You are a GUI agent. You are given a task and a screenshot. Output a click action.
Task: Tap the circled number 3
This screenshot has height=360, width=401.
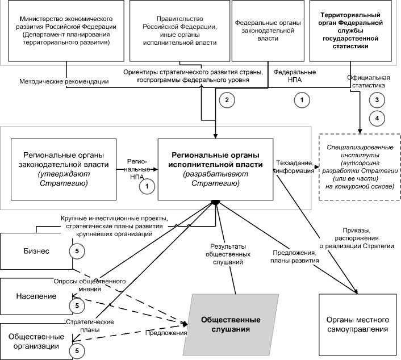click(377, 99)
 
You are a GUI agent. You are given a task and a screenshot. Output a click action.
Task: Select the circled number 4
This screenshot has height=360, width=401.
click(377, 118)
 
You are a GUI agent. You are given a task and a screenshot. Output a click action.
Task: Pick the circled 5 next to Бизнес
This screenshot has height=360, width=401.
click(75, 250)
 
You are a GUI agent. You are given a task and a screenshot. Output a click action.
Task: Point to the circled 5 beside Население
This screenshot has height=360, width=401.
click(75, 306)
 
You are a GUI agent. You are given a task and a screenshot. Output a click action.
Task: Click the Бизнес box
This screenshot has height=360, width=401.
click(34, 250)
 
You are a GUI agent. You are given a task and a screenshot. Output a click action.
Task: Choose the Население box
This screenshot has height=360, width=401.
click(34, 296)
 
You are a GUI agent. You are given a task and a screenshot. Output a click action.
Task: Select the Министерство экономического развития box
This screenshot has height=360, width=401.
click(67, 31)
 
